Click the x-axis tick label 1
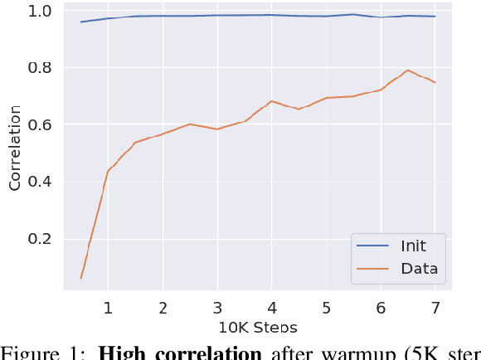coord(108,308)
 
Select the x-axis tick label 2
coord(163,308)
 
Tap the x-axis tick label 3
coord(217,308)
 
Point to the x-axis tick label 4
coord(272,308)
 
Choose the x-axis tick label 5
coord(327,308)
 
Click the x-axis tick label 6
coord(381,308)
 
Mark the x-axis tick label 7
coord(435,308)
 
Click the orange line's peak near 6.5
coord(407,71)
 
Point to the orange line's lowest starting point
coord(80,278)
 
